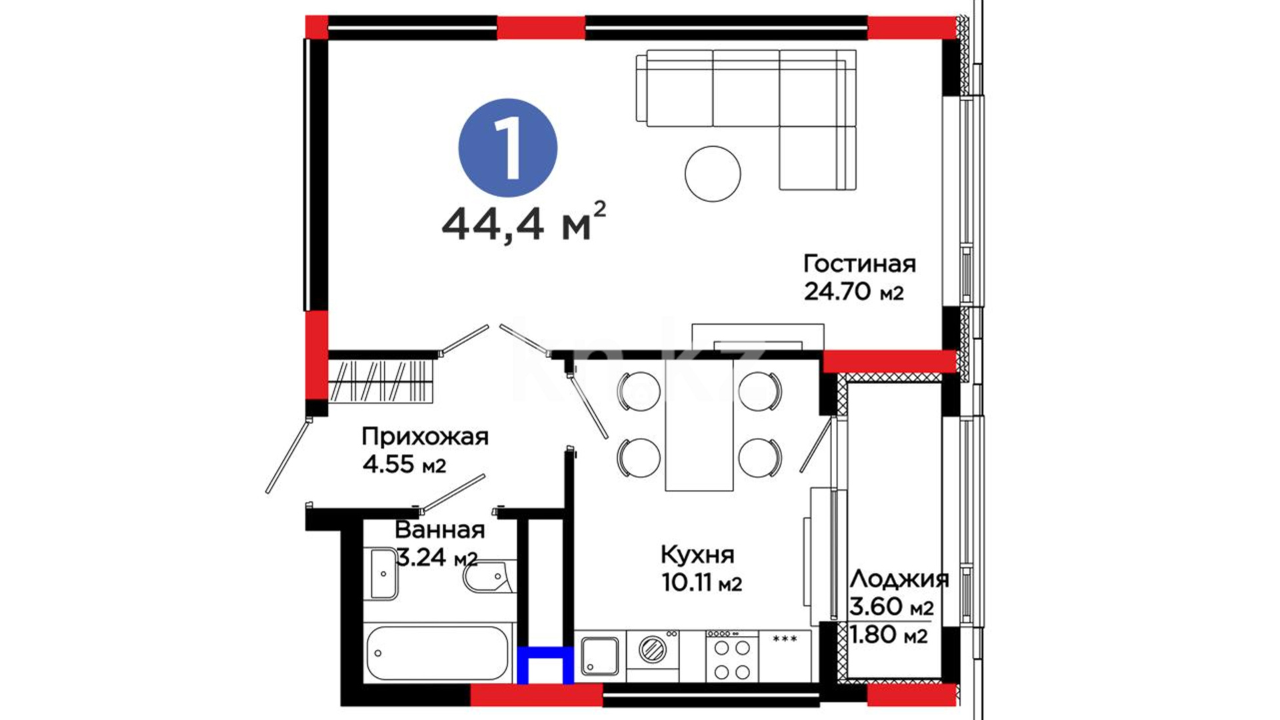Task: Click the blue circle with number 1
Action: pyautogui.click(x=508, y=147)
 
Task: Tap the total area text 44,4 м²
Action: pyautogui.click(x=524, y=223)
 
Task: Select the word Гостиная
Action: pyautogui.click(x=859, y=263)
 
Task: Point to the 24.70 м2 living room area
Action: pyautogui.click(x=854, y=291)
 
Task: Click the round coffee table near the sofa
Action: pyautogui.click(x=713, y=173)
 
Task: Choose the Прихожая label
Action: pyautogui.click(x=425, y=437)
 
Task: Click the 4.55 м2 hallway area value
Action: pyautogui.click(x=404, y=463)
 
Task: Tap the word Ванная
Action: pyautogui.click(x=439, y=530)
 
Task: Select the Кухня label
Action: pyautogui.click(x=698, y=555)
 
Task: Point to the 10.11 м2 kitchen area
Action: pyautogui.click(x=701, y=583)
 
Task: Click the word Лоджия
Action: pyautogui.click(x=899, y=579)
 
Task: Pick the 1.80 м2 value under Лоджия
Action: pyautogui.click(x=888, y=635)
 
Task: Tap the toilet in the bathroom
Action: pyautogui.click(x=489, y=576)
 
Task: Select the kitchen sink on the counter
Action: pyautogui.click(x=600, y=656)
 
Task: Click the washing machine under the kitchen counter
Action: pyautogui.click(x=653, y=648)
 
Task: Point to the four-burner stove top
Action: pyautogui.click(x=732, y=656)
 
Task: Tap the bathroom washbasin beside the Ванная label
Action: pyautogui.click(x=383, y=573)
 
